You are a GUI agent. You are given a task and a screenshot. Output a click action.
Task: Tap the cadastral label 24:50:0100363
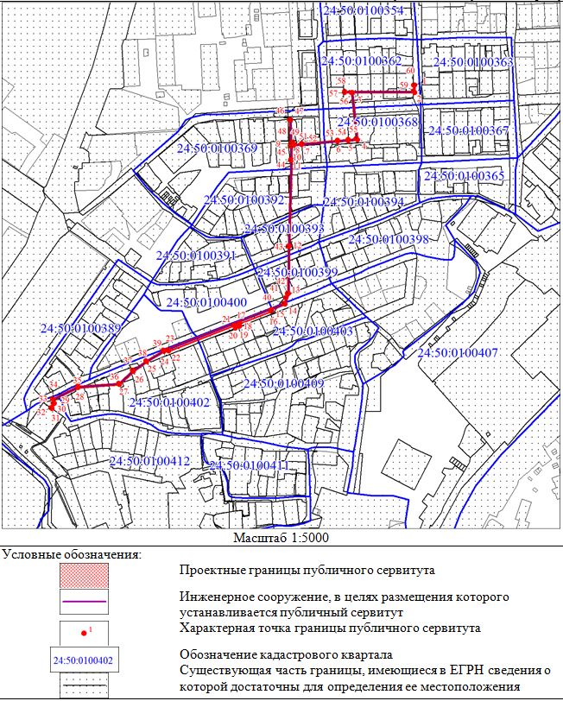472,62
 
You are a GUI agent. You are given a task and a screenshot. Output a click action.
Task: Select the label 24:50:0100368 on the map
378,123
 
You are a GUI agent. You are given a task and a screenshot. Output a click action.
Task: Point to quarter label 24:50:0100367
473,130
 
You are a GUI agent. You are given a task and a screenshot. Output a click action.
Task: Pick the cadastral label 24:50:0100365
463,176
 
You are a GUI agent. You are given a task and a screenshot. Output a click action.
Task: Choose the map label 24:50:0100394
363,202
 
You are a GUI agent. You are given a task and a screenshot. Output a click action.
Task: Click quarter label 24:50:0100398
388,239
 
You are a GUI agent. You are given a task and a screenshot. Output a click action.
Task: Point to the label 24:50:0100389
81,329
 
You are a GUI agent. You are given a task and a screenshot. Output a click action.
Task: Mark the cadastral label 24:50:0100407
457,353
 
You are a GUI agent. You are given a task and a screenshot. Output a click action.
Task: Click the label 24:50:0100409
283,383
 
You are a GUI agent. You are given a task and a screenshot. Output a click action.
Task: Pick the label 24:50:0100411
247,466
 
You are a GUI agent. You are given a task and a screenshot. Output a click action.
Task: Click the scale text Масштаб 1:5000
281,537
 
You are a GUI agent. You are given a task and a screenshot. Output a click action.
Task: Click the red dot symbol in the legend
83,634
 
